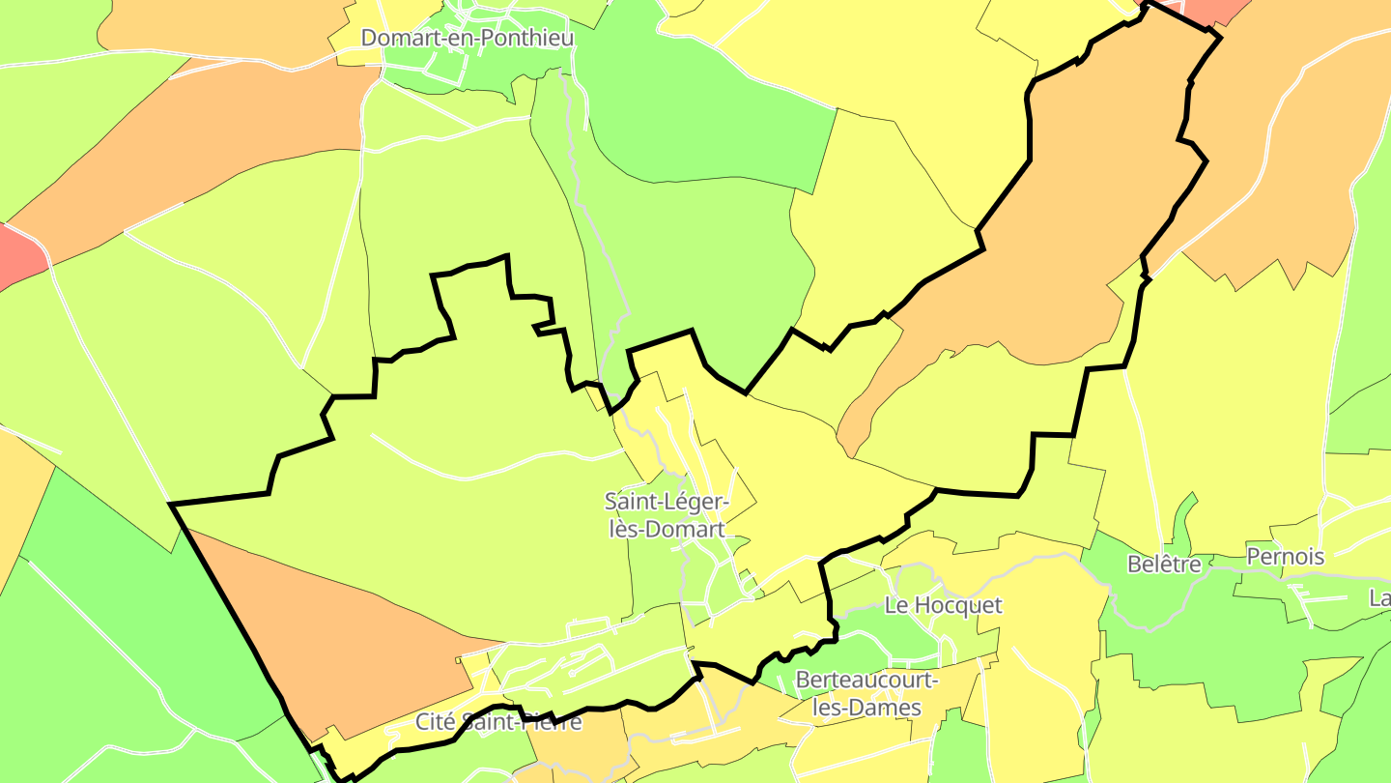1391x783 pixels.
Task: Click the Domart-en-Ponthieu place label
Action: [x=468, y=39]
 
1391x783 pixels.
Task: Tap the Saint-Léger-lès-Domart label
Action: [x=666, y=515]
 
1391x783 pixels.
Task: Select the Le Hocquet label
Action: [x=944, y=606]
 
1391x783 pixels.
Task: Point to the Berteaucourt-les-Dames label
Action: [x=866, y=694]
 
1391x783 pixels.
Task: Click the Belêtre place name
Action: [x=1164, y=565]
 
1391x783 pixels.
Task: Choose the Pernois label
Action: [x=1285, y=557]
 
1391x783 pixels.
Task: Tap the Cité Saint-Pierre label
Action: [x=498, y=722]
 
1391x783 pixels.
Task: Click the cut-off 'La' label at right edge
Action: [x=1379, y=599]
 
